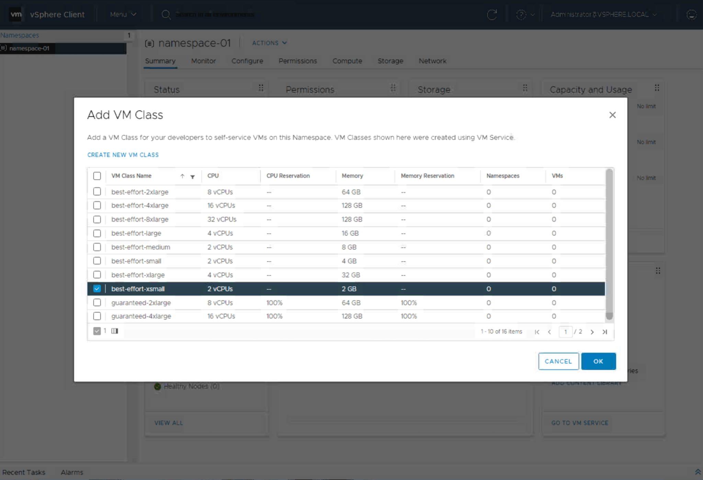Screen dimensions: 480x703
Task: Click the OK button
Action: click(x=598, y=361)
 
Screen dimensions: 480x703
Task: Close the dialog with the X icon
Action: click(x=612, y=115)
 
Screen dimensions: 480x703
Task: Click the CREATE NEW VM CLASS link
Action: click(x=123, y=155)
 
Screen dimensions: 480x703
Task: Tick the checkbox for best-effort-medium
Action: click(x=97, y=247)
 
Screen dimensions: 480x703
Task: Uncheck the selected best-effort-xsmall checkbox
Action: click(x=97, y=289)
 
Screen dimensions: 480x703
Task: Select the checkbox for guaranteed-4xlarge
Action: click(x=97, y=316)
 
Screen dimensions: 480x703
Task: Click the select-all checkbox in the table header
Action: click(x=97, y=176)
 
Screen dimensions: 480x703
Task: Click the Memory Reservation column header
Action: click(x=427, y=176)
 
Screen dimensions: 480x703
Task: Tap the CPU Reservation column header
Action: click(x=288, y=176)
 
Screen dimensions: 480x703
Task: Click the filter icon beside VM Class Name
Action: click(x=193, y=177)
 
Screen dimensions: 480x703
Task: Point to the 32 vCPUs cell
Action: click(x=222, y=219)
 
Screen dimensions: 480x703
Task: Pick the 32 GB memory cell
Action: click(x=351, y=275)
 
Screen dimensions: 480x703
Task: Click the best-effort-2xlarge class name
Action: click(x=140, y=192)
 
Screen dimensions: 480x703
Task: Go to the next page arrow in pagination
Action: click(x=592, y=332)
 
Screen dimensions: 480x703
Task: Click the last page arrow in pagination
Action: click(x=605, y=332)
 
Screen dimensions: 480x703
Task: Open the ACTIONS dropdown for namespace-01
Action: click(x=269, y=43)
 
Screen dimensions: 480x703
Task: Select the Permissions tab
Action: click(x=297, y=61)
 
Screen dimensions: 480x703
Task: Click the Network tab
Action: click(x=432, y=61)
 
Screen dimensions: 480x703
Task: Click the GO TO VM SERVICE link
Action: click(x=580, y=423)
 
